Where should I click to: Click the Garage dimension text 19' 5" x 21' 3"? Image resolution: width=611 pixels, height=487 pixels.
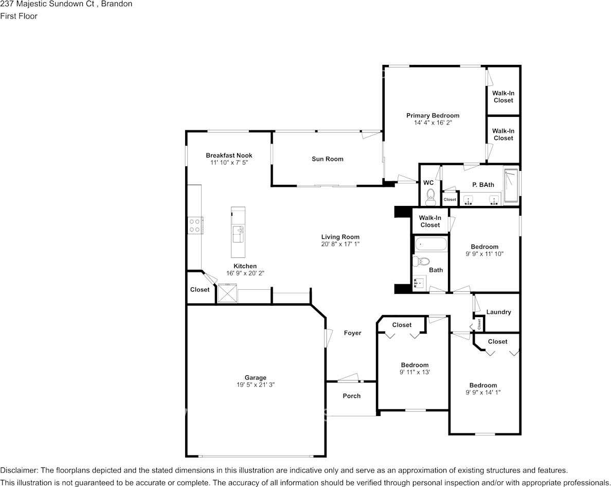click(x=256, y=385)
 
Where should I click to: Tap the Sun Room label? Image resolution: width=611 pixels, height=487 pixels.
click(x=327, y=159)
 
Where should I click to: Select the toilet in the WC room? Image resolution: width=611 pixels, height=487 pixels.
click(x=430, y=196)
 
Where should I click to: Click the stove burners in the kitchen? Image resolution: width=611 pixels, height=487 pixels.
click(x=194, y=225)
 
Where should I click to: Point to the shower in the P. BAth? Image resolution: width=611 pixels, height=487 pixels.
click(x=511, y=186)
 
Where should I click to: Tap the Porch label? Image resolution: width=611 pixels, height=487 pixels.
click(x=351, y=396)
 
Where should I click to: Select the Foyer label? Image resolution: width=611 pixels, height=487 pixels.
click(x=352, y=333)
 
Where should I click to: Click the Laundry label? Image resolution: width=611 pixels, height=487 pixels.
click(x=498, y=312)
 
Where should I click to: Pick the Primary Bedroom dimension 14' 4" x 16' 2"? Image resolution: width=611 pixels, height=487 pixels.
click(x=433, y=123)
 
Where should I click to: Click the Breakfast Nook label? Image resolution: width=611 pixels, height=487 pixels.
click(x=229, y=155)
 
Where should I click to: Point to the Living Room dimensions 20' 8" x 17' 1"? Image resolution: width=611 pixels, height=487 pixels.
click(x=340, y=244)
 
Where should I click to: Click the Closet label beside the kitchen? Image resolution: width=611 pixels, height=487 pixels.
click(x=200, y=290)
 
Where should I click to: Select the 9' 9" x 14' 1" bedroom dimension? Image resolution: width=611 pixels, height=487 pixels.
click(x=483, y=392)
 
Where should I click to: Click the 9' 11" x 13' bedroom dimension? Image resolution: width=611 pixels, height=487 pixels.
click(x=415, y=372)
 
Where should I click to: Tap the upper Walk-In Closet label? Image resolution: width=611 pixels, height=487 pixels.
click(x=503, y=97)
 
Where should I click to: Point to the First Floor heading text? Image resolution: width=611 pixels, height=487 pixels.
click(x=19, y=16)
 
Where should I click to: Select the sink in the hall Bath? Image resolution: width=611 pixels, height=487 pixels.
click(x=419, y=282)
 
